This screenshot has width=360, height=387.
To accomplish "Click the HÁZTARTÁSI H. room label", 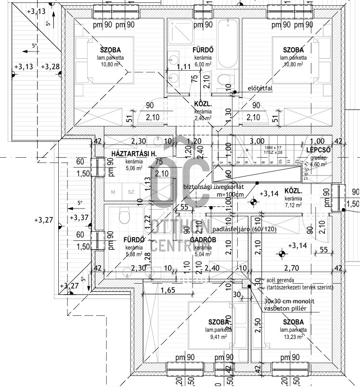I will [x=132, y=154].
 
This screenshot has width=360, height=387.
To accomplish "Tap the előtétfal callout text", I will [x=259, y=88].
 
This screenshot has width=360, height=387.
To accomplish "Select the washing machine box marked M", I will [x=113, y=192].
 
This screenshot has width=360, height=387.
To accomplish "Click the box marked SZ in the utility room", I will [x=130, y=192].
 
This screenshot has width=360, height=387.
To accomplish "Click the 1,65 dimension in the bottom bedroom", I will [x=167, y=290].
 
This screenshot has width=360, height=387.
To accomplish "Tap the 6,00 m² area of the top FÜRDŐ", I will [x=204, y=64].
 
